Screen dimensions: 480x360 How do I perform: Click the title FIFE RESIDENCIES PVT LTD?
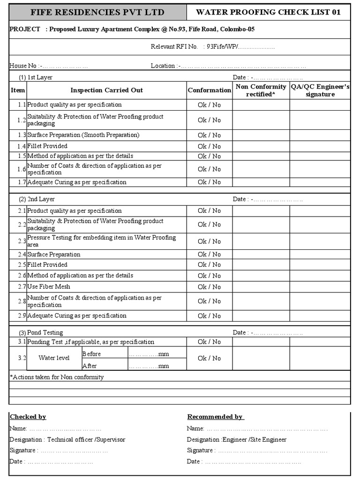[97, 12]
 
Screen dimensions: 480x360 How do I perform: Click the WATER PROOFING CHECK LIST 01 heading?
[268, 12]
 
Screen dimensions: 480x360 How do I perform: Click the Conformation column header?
[209, 90]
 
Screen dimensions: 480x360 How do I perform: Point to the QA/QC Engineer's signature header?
[320, 90]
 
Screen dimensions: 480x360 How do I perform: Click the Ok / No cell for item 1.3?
[209, 135]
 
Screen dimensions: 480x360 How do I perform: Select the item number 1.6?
[22, 169]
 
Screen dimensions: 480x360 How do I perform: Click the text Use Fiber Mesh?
[49, 286]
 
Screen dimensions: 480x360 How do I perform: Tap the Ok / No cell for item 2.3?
[209, 241]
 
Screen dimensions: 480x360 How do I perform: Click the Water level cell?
[54, 358]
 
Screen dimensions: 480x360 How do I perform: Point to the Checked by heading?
[28, 417]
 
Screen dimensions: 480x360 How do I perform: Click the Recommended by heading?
[215, 417]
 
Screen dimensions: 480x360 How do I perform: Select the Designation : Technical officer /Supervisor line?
[67, 440]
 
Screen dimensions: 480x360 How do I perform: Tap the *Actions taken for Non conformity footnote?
[57, 377]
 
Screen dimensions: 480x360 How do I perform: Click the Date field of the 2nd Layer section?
[267, 199]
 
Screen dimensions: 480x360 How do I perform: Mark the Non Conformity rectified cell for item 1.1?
[261, 105]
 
